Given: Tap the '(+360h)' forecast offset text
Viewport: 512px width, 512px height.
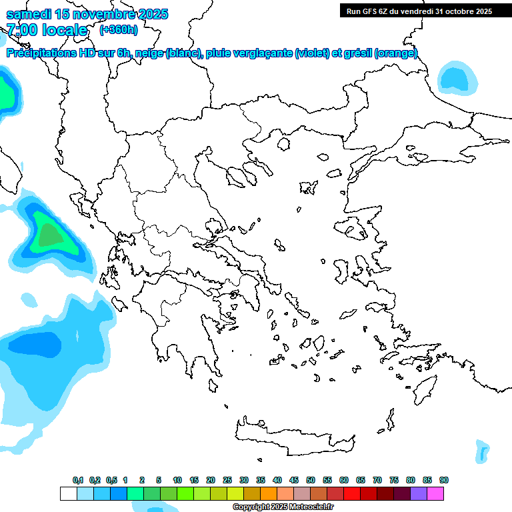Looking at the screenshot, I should tap(119, 29).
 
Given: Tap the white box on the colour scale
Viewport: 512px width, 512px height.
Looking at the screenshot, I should tap(68, 493).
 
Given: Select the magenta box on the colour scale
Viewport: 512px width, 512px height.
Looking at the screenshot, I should tap(435, 493).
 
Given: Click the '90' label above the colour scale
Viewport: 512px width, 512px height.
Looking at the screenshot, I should tap(444, 480).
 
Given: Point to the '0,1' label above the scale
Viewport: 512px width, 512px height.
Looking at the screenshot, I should tap(78, 480).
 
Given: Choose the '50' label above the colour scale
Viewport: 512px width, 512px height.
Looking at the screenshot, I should tap(311, 480).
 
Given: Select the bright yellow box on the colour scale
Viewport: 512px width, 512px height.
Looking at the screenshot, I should tap(235, 493).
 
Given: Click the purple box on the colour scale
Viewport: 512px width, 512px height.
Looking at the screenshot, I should tap(419, 493).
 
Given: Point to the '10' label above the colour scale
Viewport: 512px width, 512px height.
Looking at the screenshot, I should tap(177, 480).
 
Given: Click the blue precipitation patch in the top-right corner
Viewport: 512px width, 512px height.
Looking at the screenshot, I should tap(457, 78).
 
